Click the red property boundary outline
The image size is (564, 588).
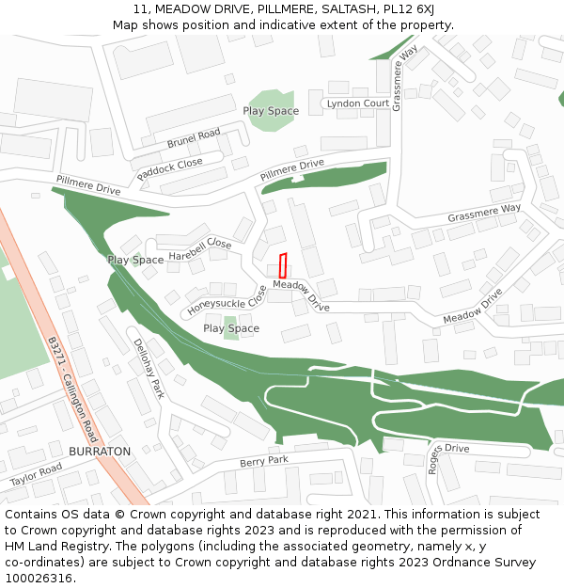point(282,263)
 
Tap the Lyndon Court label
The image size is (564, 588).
point(357,103)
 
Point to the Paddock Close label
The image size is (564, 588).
point(169,169)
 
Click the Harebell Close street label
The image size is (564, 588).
point(200,249)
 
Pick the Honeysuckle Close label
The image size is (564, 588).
point(227,300)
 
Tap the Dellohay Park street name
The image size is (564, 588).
point(149,368)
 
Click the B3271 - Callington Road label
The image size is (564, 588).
point(72,390)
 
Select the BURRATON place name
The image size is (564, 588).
point(100,452)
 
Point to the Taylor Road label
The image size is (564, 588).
point(36,474)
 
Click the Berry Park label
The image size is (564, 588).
point(264,462)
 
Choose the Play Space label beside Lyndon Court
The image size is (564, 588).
point(271,111)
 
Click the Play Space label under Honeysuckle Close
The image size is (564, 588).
point(231,328)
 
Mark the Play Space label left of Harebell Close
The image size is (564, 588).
point(135,260)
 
